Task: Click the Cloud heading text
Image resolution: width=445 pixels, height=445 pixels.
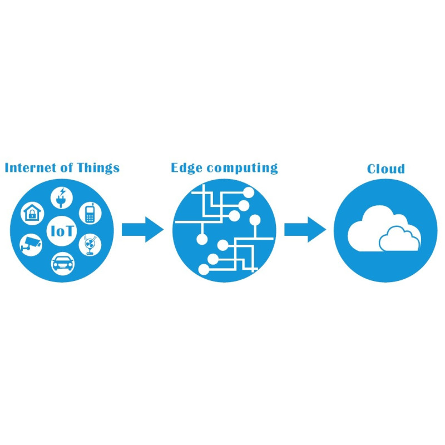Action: pos(385,168)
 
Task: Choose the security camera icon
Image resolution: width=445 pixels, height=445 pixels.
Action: pos(31,243)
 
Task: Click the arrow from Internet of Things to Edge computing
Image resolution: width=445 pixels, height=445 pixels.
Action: pos(142,229)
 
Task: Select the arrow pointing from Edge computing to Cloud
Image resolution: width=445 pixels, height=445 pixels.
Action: pos(305,229)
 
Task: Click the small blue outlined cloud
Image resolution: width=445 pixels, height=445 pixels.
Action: pos(399,239)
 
